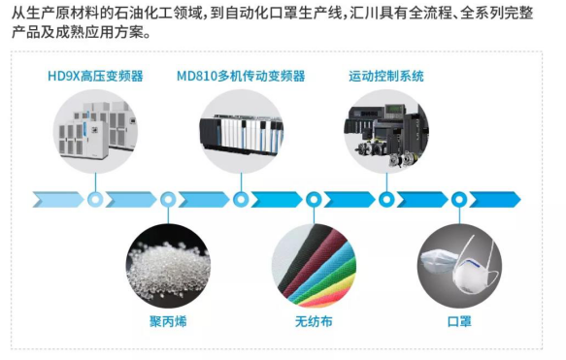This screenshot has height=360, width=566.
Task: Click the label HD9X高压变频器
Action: coord(95,76)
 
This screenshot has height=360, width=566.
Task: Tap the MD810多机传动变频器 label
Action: coord(241,76)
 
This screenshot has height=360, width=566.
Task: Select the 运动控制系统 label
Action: coord(386,76)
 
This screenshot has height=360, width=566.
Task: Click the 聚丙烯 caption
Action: coord(167,321)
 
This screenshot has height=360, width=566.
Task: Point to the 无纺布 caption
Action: coord(313,321)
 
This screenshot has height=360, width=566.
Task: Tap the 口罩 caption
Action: coord(458,321)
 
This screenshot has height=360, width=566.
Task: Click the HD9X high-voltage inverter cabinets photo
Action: coord(95,134)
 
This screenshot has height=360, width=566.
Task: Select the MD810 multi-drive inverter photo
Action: coord(241,134)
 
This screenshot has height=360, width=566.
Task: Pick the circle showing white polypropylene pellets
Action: coord(168,262)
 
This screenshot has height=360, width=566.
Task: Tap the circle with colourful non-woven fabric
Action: coord(314,262)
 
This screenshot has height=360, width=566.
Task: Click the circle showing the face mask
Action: coord(458,262)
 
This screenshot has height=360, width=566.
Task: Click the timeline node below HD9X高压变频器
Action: coord(95,200)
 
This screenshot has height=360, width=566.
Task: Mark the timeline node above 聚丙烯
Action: coord(168,200)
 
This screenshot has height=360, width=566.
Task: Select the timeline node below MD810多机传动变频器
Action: coord(241,200)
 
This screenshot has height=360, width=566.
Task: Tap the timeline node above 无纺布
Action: coord(314,200)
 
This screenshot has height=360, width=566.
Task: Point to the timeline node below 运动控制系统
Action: coord(386,200)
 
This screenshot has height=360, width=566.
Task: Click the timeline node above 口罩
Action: coord(459,200)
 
